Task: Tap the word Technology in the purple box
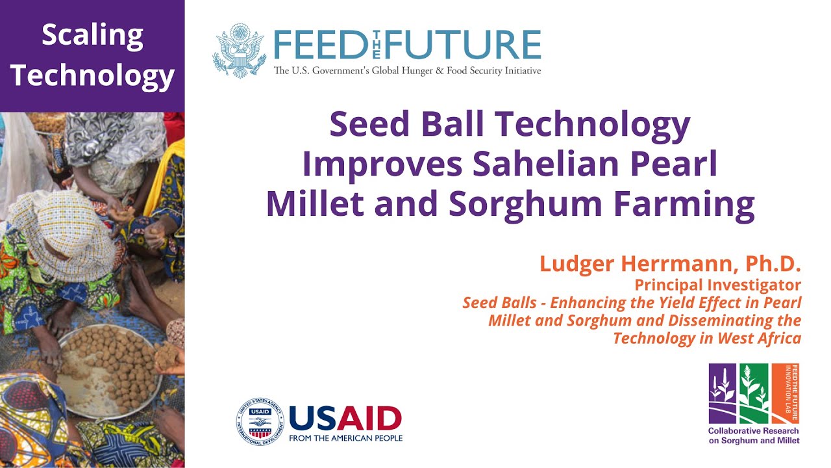pos(92,75)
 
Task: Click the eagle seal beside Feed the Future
pos(240,51)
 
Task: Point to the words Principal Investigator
pos(717,285)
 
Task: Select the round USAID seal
pos(260,422)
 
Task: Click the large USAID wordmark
pos(345,419)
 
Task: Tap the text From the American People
pos(345,438)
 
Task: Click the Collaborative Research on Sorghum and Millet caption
pos(754,435)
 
